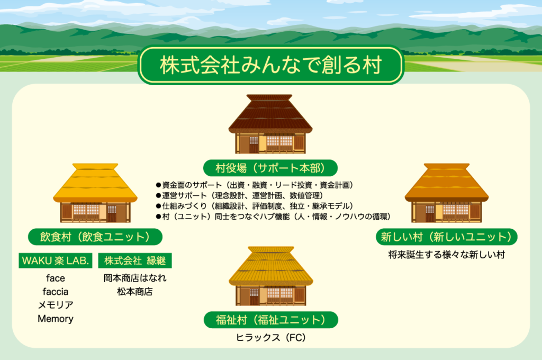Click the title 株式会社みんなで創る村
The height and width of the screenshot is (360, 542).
click(270, 65)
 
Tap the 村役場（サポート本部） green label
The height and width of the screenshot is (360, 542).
click(270, 168)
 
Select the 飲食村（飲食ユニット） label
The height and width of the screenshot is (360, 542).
click(95, 237)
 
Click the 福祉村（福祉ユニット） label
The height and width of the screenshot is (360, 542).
click(270, 320)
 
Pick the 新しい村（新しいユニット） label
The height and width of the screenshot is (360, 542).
click(446, 237)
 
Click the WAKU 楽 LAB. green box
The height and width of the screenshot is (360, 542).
click(55, 260)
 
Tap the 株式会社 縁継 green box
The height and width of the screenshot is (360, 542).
click(135, 260)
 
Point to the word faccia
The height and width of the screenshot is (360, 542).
click(55, 292)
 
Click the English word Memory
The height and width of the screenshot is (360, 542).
click(55, 319)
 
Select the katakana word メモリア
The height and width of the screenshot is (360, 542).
click(55, 305)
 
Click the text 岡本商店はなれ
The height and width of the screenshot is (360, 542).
click(135, 278)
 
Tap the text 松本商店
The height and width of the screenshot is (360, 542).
click(135, 292)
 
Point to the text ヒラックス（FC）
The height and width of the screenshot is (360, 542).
click(270, 338)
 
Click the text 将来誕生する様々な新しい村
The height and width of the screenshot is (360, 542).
click(446, 255)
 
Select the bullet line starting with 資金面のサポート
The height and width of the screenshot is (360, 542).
click(255, 185)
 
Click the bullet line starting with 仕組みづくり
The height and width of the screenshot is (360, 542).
click(255, 206)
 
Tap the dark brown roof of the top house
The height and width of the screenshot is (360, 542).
click(270, 114)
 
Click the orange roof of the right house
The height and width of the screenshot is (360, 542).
click(447, 183)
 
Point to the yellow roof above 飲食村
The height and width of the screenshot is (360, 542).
click(95, 183)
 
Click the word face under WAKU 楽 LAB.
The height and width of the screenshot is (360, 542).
click(55, 278)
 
